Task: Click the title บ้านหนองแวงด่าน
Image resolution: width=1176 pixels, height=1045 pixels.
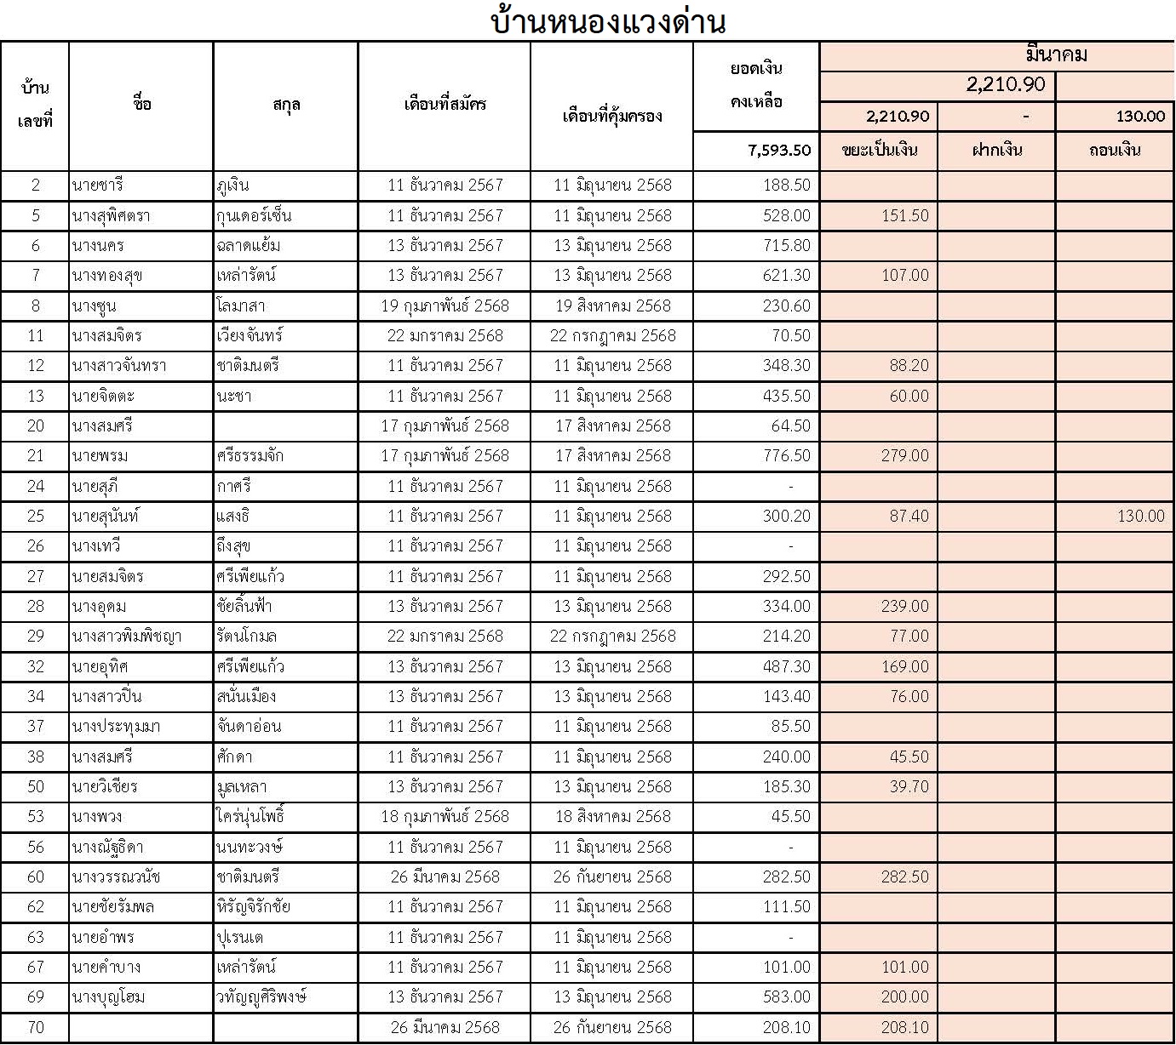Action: tap(608, 21)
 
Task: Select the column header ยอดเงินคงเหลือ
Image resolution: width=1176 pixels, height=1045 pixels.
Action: tap(756, 85)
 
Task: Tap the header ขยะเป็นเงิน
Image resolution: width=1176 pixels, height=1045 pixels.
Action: tap(879, 151)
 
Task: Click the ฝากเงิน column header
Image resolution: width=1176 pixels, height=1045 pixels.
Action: tap(996, 151)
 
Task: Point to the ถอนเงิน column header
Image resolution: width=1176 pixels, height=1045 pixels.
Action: tap(1115, 151)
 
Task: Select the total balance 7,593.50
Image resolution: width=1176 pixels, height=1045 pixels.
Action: tap(779, 151)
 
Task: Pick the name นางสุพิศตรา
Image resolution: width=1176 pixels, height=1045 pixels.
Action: tap(112, 216)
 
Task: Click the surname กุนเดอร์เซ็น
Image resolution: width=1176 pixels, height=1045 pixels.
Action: tap(254, 216)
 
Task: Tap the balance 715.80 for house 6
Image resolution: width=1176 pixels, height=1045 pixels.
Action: tap(787, 246)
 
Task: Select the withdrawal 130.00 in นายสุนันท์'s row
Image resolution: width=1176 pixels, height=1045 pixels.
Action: tap(1140, 517)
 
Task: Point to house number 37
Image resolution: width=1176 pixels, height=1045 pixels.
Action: tap(35, 727)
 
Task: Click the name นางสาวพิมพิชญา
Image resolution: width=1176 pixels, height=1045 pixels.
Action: tap(127, 637)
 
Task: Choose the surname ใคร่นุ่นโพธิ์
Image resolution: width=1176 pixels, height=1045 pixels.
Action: tap(250, 817)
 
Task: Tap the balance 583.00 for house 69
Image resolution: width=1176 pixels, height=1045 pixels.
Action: tap(787, 997)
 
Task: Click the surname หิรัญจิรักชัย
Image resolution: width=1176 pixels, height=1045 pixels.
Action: tap(253, 907)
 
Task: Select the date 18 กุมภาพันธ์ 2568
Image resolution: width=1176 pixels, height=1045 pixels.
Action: tap(445, 817)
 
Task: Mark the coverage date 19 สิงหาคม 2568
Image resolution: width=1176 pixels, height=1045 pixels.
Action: tap(612, 306)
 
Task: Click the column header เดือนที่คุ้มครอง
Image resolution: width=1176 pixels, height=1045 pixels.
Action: tap(612, 116)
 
